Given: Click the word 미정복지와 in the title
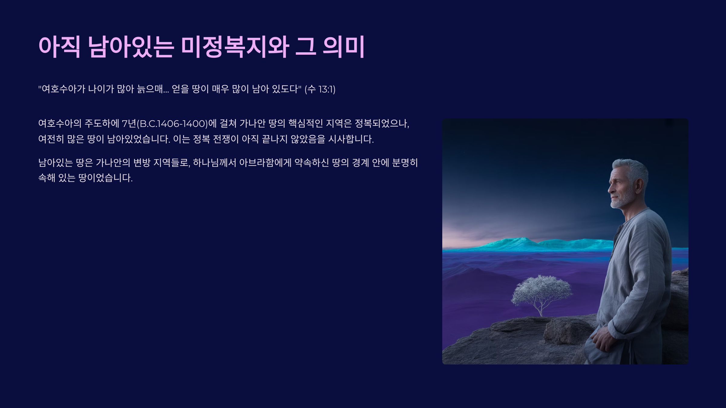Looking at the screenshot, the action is point(235,47).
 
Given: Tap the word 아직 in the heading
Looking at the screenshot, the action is point(60,47).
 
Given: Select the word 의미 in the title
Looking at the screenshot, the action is point(344,47).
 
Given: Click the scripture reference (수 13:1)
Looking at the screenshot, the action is point(320,89).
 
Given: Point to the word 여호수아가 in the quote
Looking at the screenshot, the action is point(62,89).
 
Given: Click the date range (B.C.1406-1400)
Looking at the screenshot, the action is point(172,124).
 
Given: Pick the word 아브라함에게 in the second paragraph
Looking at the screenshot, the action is point(265,163).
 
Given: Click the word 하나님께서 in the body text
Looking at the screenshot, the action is point(214,163).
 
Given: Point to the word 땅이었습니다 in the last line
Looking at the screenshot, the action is point(106,178).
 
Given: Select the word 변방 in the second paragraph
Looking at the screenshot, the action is point(142,163).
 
